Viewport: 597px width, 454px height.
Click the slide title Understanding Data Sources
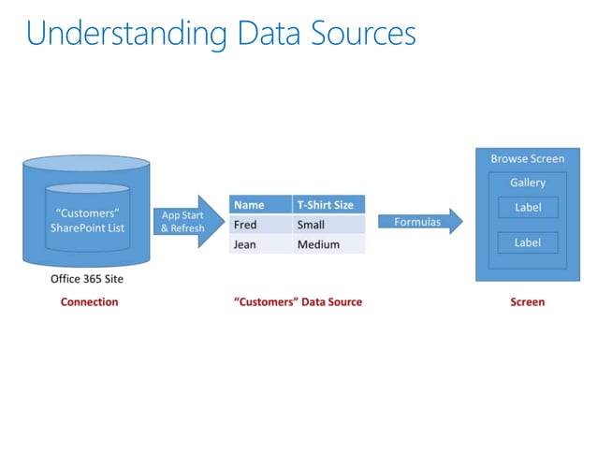pyautogui.click(x=221, y=34)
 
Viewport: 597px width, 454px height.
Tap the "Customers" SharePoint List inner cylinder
pyautogui.click(x=89, y=224)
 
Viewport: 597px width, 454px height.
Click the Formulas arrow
pyautogui.click(x=419, y=222)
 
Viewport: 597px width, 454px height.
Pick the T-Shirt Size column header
pyautogui.click(x=327, y=205)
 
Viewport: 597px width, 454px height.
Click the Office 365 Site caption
pyautogui.click(x=87, y=279)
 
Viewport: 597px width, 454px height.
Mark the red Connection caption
pyautogui.click(x=89, y=301)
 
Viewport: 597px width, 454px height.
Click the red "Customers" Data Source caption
pyautogui.click(x=297, y=301)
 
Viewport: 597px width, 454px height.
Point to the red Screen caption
pyautogui.click(x=527, y=301)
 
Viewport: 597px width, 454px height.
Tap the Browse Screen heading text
pyautogui.click(x=528, y=159)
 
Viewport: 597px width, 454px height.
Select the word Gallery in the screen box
pyautogui.click(x=528, y=183)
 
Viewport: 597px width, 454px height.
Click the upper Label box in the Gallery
pyautogui.click(x=528, y=207)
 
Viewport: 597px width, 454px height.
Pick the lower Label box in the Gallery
pyautogui.click(x=528, y=242)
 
